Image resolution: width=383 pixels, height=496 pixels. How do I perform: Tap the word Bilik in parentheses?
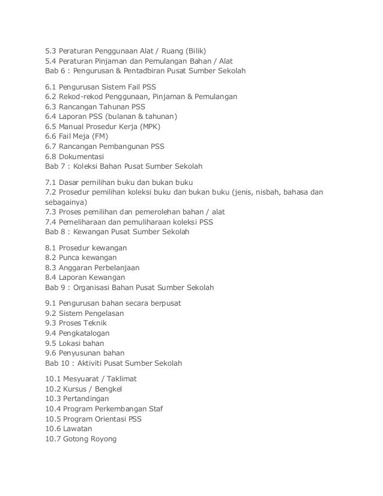(202, 50)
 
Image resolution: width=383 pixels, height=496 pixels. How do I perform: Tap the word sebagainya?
(66, 202)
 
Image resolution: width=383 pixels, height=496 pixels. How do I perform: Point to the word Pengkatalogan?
(86, 332)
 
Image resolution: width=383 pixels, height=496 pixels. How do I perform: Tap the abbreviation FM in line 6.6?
(100, 137)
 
